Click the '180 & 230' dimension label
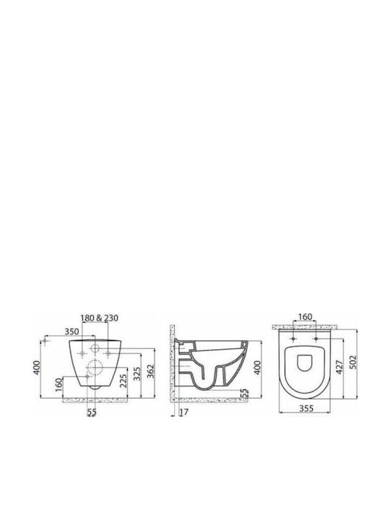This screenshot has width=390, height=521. [99, 318]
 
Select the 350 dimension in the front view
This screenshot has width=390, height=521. [71, 331]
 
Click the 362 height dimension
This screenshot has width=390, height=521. [150, 373]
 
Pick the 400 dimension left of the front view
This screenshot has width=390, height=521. [37, 367]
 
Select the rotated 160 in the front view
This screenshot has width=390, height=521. [58, 384]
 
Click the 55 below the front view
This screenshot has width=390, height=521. [92, 412]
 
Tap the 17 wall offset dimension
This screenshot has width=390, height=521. [183, 412]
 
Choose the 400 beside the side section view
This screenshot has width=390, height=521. [257, 368]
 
